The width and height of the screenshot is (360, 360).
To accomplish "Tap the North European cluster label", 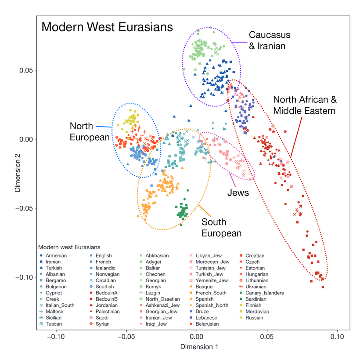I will (x=89, y=132).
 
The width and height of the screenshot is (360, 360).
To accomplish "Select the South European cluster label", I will (x=221, y=228).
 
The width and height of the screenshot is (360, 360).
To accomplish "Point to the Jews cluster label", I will (x=238, y=193).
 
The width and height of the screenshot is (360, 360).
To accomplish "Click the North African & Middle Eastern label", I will (x=304, y=105).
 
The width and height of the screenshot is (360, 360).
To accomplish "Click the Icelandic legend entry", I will (x=106, y=268).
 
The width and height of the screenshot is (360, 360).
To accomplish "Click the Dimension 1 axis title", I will (x=199, y=347).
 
